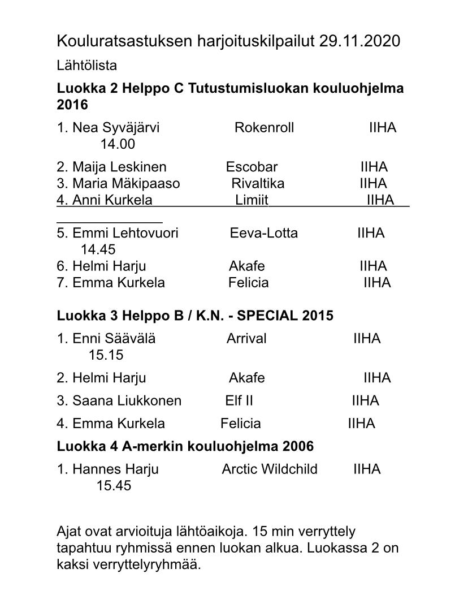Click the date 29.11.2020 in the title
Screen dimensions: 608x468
pos(359,41)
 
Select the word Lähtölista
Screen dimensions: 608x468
pos(87,66)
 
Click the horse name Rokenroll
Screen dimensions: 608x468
pos(264,128)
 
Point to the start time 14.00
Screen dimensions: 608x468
pos(118,144)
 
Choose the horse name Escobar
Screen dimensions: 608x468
pos(252,167)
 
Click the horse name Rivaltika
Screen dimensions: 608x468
pos(258,184)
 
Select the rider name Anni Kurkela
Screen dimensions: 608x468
pos(112,200)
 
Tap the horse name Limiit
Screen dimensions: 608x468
pos(251,200)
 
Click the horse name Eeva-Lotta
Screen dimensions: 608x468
pos(263,233)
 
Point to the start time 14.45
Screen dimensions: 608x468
pos(98,249)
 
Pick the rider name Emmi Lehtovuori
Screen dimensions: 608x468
pos(125,233)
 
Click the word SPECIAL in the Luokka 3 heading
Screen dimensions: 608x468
pos(271,316)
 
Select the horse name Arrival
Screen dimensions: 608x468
pos(246,339)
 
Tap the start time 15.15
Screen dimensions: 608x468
pos(106,355)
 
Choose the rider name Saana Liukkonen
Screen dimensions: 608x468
pos(127,401)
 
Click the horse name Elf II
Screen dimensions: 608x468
pos(239,401)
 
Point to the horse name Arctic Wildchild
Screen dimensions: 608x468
pos(270,469)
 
